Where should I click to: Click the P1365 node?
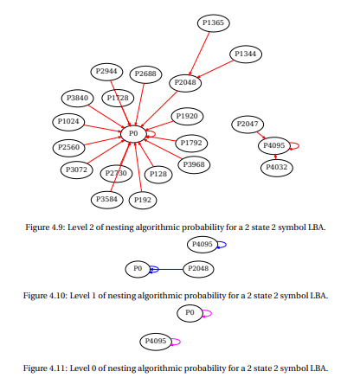214,23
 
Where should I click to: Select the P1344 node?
246,54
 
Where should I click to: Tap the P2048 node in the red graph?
185,83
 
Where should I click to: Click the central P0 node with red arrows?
133,134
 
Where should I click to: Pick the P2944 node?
106,72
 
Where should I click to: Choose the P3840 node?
77,99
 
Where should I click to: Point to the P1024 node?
68,122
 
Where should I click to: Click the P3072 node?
76,170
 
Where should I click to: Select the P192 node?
143,200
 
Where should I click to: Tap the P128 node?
158,175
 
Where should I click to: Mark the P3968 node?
194,165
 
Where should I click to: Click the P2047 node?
247,125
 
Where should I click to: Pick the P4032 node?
277,168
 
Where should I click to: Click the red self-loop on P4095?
299,146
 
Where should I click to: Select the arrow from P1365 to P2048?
199,54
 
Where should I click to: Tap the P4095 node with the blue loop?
202,245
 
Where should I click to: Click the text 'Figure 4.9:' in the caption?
47,227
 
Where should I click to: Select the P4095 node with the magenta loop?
156,342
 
